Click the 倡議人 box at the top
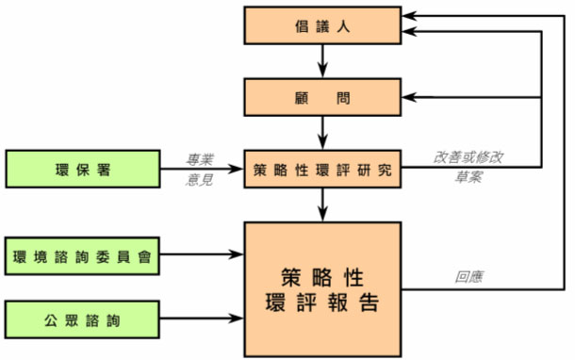click(323, 27)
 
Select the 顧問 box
click(323, 98)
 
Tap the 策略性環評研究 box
click(323, 171)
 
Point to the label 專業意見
click(200, 170)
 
